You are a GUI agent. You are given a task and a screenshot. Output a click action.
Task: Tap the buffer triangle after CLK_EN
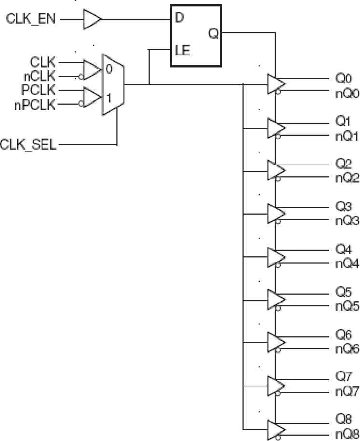(92, 19)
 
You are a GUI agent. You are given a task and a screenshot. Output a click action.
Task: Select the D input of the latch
(180, 18)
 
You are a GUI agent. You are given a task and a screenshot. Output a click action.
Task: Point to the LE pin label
(182, 50)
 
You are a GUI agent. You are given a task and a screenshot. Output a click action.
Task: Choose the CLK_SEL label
(28, 144)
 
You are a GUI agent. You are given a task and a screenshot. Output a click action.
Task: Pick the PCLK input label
(38, 90)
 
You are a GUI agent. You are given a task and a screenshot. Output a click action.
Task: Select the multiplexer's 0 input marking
(109, 69)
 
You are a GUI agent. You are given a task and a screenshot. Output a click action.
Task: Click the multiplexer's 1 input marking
(109, 97)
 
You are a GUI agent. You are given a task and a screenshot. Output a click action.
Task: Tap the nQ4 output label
(347, 264)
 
